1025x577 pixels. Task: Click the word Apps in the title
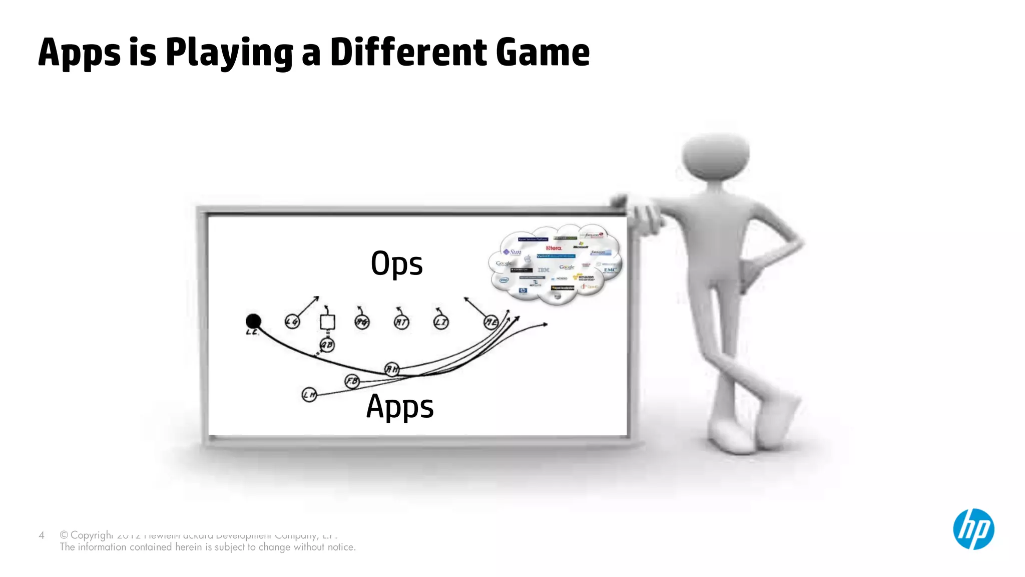(79, 53)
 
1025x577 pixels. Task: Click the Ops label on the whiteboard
(396, 263)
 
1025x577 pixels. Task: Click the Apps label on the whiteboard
(400, 406)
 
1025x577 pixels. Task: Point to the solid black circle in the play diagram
(253, 321)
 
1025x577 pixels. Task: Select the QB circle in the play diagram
(327, 345)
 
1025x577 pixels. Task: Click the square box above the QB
(327, 322)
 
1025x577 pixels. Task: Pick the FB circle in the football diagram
(352, 381)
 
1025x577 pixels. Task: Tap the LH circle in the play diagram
(309, 395)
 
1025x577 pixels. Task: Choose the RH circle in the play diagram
(392, 370)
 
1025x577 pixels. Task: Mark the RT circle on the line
(401, 322)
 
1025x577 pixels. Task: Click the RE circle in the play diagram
(491, 322)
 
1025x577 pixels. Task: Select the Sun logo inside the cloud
(512, 252)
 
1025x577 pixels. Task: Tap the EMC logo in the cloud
(610, 270)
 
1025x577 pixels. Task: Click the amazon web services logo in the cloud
(585, 277)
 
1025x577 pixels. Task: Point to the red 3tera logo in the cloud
(554, 248)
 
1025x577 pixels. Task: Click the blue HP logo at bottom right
(973, 529)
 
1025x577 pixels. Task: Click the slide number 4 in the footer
(42, 535)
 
